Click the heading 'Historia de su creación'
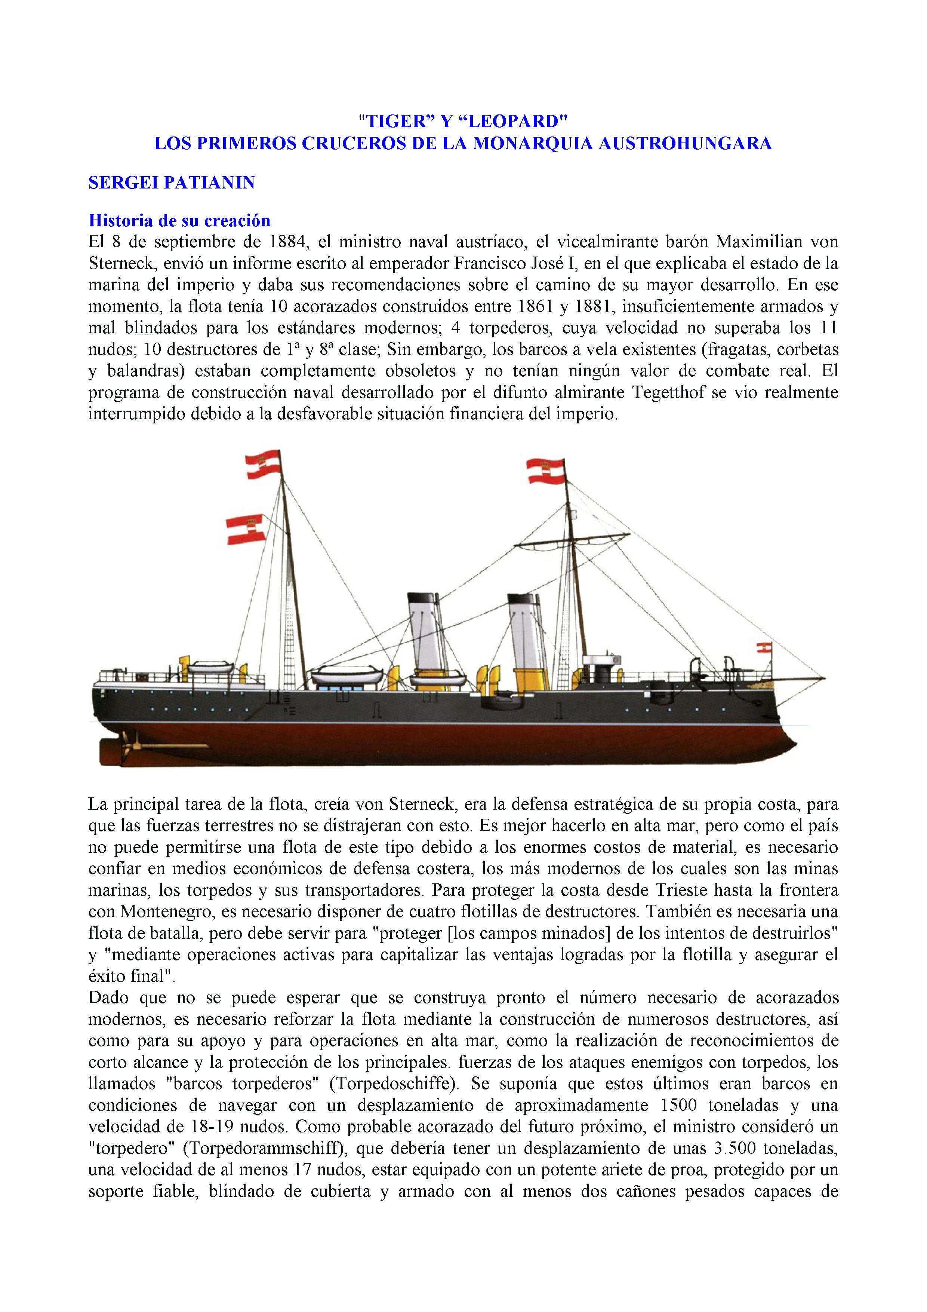(179, 221)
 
